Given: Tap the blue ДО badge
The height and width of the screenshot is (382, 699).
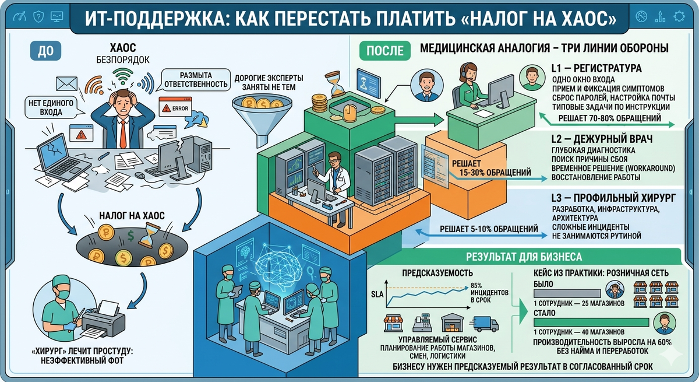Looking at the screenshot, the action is (42, 51).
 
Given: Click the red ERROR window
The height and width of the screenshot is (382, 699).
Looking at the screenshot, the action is (175, 108).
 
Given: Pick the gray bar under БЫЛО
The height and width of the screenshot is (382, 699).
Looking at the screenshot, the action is (567, 292).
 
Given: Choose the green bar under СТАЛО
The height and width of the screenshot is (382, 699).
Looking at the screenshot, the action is (591, 321).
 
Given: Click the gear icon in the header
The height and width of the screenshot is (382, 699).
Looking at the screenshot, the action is (679, 16).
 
